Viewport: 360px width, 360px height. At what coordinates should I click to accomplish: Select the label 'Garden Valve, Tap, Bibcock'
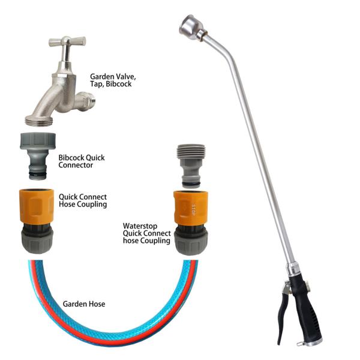(x=111, y=80)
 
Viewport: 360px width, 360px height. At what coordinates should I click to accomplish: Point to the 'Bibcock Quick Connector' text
(x=81, y=161)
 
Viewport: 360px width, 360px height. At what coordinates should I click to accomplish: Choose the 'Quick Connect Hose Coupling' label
(x=83, y=200)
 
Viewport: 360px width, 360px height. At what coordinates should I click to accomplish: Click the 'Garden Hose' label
(x=84, y=304)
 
